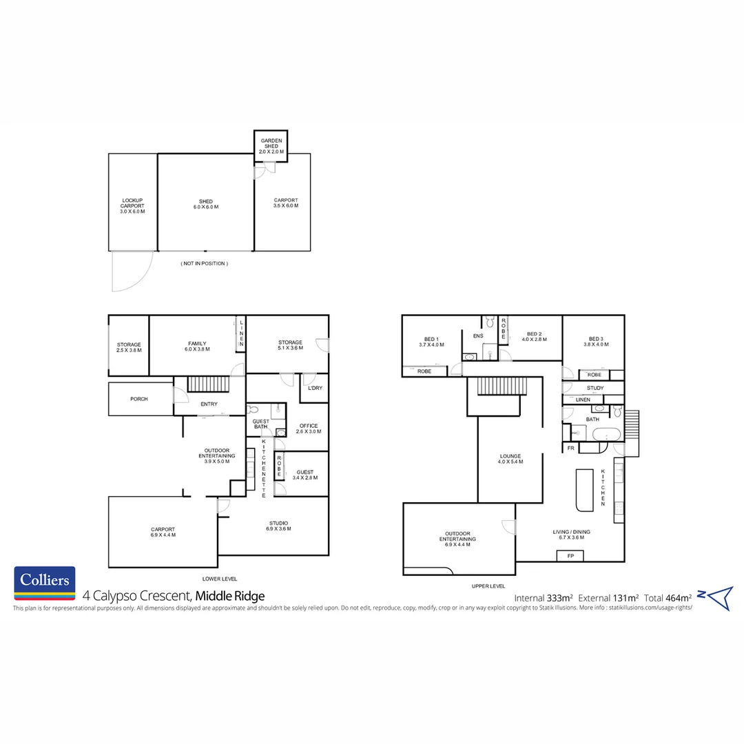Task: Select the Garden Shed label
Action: [x=271, y=145]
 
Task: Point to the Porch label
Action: [x=139, y=399]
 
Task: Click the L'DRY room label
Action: [x=315, y=388]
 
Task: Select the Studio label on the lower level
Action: [x=279, y=526]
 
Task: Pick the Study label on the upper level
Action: [x=595, y=388]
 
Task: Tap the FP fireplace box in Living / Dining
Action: [x=570, y=555]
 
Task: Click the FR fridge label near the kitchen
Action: [x=570, y=448]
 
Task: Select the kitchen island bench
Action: [x=583, y=490]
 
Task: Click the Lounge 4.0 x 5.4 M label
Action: [x=510, y=459]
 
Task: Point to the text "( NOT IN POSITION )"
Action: [x=204, y=264]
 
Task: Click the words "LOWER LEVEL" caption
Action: [x=220, y=579]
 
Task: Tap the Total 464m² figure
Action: [x=668, y=597]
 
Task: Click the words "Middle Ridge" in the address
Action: [x=229, y=596]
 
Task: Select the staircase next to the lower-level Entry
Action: [x=208, y=384]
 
